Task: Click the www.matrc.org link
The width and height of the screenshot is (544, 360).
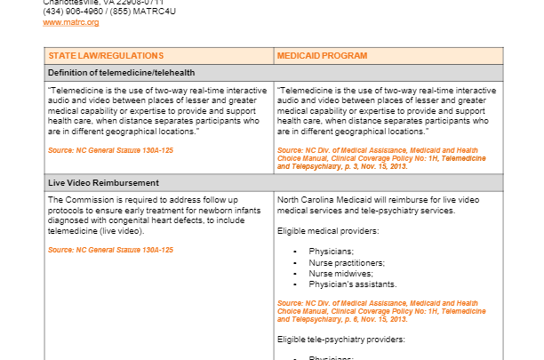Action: [71, 21]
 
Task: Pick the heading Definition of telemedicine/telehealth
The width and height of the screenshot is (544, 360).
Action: [121, 72]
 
